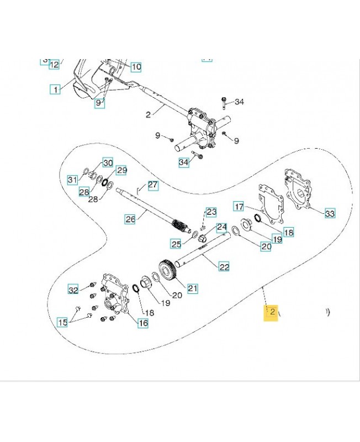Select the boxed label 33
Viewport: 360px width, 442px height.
[x=329, y=214]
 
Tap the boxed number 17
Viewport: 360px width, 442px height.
[x=239, y=207]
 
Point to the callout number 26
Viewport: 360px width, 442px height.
[x=130, y=219]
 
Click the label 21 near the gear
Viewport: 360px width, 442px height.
[x=193, y=287]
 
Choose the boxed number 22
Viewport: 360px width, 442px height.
[x=224, y=267]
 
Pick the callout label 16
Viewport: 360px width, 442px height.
[x=143, y=323]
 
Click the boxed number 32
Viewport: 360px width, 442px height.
[x=73, y=290]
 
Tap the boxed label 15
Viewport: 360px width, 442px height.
[x=63, y=323]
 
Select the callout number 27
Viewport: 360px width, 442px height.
[x=136, y=67]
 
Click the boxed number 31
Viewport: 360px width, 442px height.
[x=73, y=180]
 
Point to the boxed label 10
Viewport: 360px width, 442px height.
[x=136, y=67]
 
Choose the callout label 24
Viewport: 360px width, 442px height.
[x=221, y=227]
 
